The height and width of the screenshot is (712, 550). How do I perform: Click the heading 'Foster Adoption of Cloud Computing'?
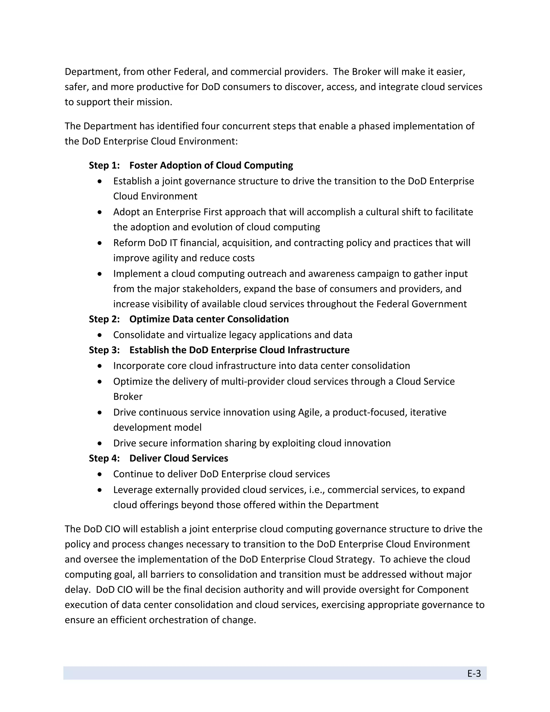tap(211, 165)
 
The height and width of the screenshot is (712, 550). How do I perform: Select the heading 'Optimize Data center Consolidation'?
tap(209, 319)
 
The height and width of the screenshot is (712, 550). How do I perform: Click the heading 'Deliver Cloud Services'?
tap(179, 458)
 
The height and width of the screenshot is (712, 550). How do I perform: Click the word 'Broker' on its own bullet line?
tap(128, 396)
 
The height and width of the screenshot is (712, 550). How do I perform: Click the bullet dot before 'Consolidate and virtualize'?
tap(100, 335)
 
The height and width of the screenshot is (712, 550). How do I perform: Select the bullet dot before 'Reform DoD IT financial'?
tap(100, 243)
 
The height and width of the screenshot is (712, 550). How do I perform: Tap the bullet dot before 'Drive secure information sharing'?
tap(100, 443)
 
